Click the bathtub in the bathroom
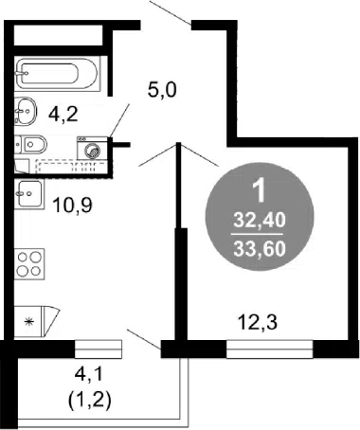point(57,74)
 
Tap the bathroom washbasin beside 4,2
point(26,111)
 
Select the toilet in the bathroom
point(30,145)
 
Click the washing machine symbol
point(92,148)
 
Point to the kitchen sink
point(29,194)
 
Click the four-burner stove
point(29,264)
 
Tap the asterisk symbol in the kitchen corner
point(29,322)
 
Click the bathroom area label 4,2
point(63,114)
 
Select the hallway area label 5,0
point(162,90)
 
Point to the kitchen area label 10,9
point(72,205)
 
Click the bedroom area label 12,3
point(258,323)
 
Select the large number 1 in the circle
point(260,191)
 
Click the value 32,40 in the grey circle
point(260,220)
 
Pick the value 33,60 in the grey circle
point(260,248)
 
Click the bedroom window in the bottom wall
point(270,349)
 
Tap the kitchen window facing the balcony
point(99,349)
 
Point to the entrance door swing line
point(171,13)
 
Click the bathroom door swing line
point(119,120)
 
